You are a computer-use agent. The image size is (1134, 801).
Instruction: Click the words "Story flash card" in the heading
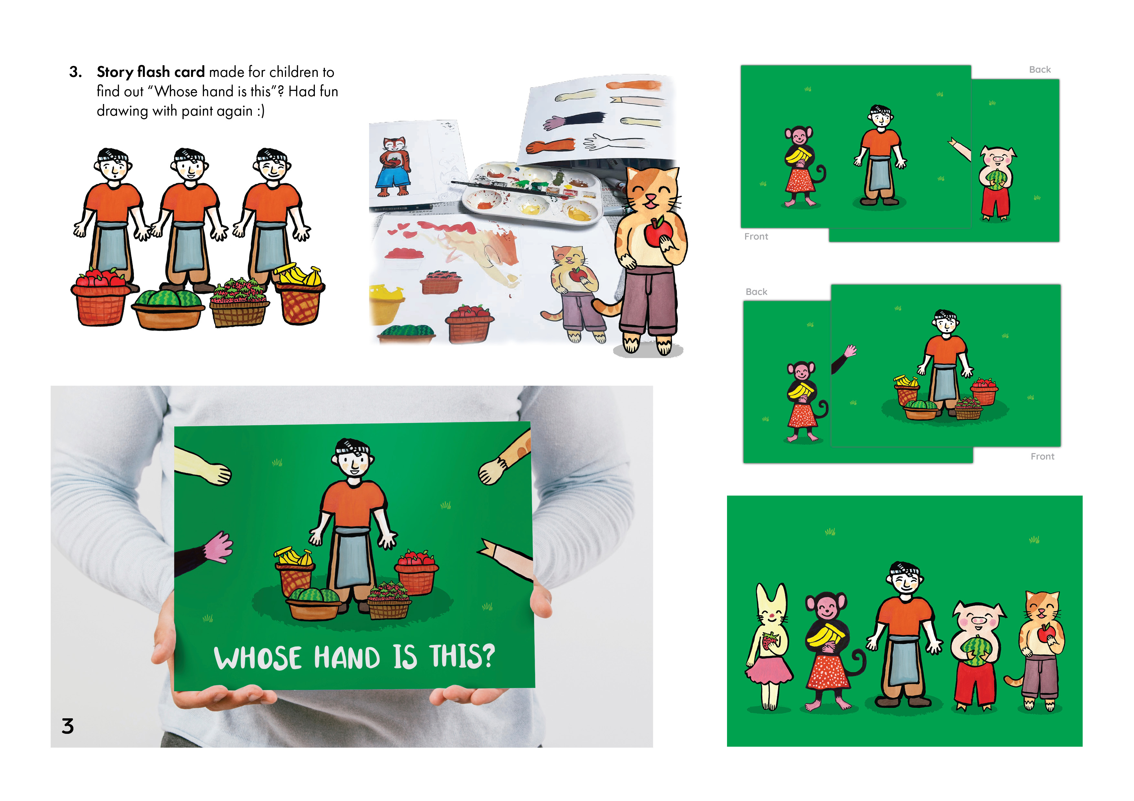click(x=151, y=72)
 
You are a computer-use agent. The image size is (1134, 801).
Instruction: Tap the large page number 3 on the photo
click(x=68, y=726)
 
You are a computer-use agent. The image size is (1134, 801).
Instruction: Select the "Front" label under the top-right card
click(x=756, y=236)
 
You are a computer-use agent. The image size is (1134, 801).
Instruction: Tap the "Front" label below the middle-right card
click(x=1042, y=456)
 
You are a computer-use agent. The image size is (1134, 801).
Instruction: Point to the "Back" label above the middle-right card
click(x=756, y=292)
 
